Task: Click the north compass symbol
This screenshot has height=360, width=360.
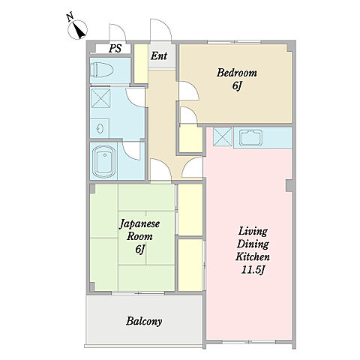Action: (x=77, y=29)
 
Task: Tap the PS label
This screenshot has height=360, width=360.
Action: (x=115, y=48)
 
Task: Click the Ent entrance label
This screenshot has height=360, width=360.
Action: (x=159, y=55)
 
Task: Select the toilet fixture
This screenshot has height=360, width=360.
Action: (x=103, y=70)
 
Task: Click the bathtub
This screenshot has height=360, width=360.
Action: (x=103, y=162)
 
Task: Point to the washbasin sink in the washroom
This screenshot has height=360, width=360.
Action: (x=100, y=128)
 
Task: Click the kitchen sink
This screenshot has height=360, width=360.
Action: (x=250, y=137)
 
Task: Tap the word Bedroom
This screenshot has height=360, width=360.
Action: (x=237, y=73)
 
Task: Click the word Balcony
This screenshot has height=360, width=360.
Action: (x=144, y=321)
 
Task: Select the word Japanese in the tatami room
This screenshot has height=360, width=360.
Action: (x=139, y=224)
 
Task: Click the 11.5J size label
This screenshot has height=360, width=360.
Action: (x=253, y=270)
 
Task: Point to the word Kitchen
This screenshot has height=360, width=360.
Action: (x=253, y=256)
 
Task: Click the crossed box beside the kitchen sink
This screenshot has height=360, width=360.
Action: (x=223, y=136)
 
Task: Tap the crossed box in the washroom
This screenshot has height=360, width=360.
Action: (x=100, y=98)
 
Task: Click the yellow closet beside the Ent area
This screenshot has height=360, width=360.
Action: (x=141, y=64)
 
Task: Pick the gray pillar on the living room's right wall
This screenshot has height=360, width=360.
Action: (x=290, y=186)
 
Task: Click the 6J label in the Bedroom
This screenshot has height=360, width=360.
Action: (x=238, y=86)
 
